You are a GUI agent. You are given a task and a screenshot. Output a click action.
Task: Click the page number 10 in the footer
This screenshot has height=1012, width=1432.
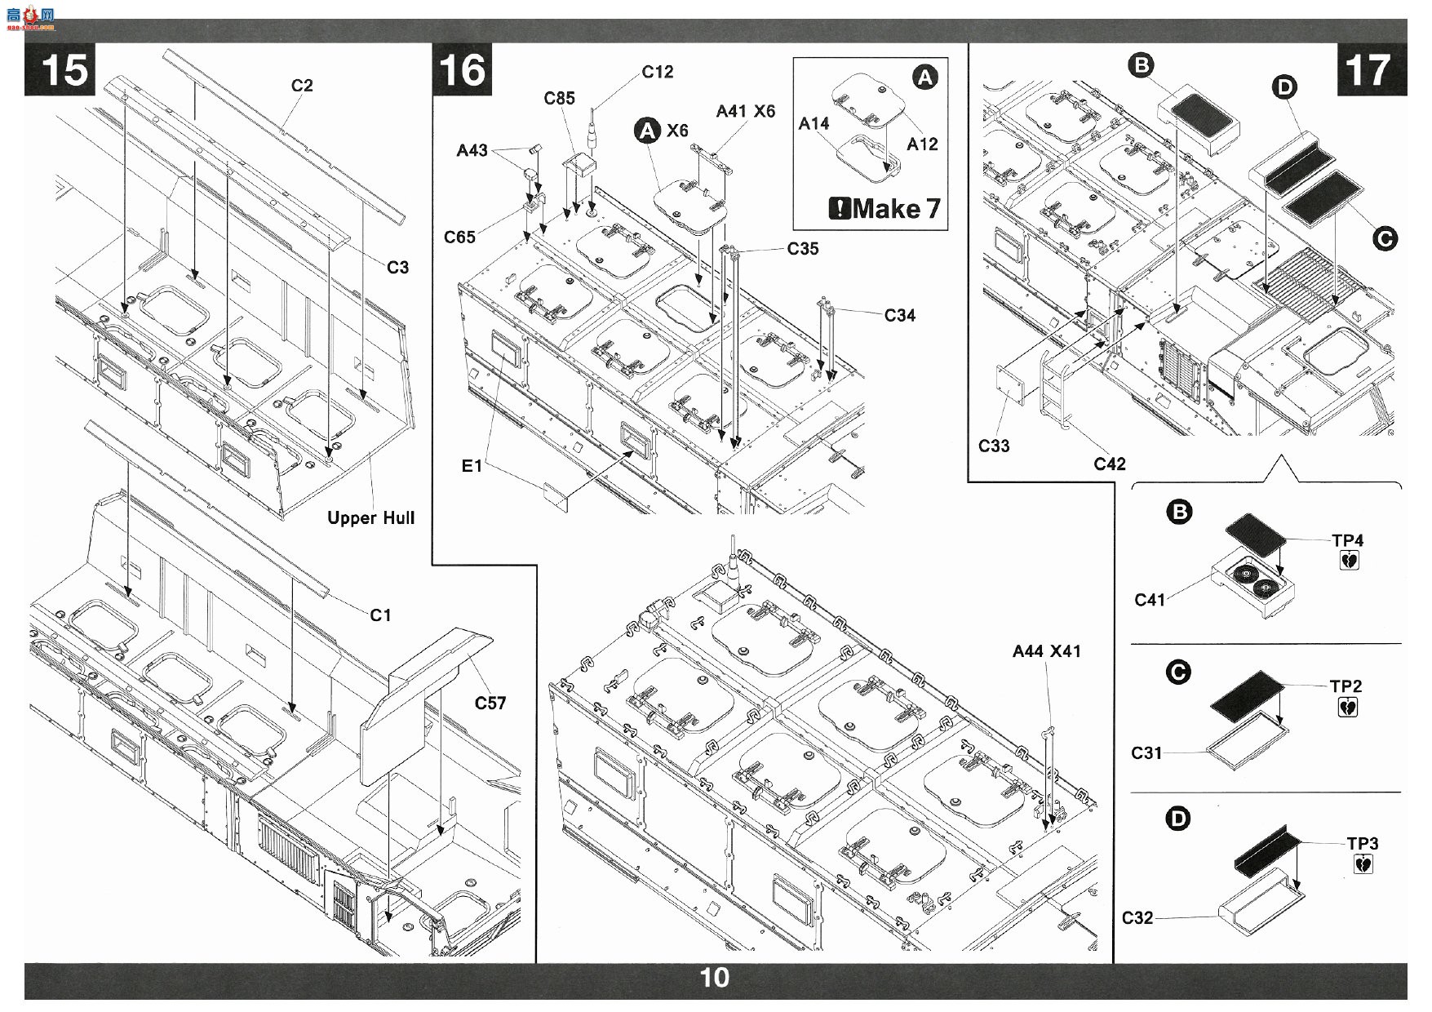tap(715, 978)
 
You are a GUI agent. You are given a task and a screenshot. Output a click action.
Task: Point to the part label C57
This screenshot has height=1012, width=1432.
tap(490, 703)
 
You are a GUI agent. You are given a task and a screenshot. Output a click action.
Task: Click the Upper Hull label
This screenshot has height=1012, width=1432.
tap(371, 518)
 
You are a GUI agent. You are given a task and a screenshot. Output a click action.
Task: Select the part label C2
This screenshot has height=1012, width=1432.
tap(302, 86)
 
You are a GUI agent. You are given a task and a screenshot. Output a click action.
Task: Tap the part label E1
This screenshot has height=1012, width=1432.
tap(472, 466)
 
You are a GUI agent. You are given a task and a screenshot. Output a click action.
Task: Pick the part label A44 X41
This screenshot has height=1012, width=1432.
tap(1047, 651)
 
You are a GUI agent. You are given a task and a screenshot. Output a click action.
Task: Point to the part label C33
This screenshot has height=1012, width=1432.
tap(994, 446)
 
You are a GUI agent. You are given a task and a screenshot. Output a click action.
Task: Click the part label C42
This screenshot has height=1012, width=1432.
tap(1110, 464)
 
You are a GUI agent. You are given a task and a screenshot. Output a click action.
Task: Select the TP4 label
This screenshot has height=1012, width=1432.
tap(1348, 540)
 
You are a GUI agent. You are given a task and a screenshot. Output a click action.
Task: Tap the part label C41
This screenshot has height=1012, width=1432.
tap(1151, 600)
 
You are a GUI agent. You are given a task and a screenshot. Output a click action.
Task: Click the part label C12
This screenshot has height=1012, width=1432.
tap(658, 72)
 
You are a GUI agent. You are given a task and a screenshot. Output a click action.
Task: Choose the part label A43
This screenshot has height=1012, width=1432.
tap(472, 150)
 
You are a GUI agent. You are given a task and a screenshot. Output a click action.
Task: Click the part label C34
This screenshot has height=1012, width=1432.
tap(900, 315)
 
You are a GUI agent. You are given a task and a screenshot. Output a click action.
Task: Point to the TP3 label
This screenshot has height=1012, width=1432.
tap(1363, 843)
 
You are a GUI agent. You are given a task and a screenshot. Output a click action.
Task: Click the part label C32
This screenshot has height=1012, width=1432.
tap(1138, 918)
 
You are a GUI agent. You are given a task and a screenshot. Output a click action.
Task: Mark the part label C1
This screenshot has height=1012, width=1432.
tap(380, 615)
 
